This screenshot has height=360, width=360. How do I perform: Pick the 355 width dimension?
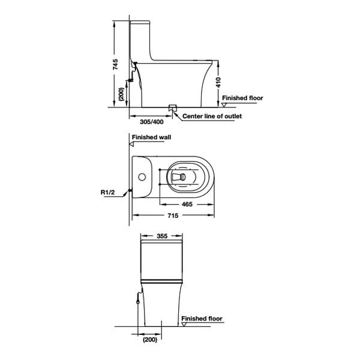(x=161, y=236)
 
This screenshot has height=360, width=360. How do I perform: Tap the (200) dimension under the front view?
(x=149, y=340)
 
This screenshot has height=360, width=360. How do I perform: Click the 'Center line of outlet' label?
(x=212, y=116)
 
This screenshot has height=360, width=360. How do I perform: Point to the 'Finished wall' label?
(x=155, y=137)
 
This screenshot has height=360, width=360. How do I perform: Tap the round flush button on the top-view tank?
(x=142, y=177)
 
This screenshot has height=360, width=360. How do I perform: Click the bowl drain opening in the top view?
(x=178, y=178)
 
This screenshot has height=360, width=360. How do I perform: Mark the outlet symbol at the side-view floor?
(x=173, y=108)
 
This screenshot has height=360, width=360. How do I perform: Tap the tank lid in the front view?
(x=161, y=247)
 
